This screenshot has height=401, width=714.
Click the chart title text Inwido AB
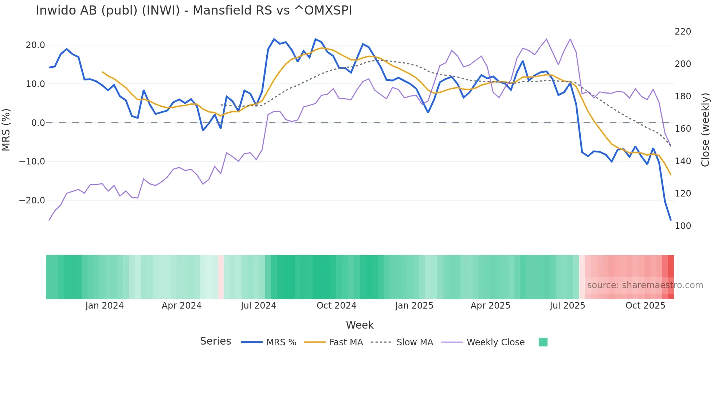193,11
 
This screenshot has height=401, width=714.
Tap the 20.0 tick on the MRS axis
35,45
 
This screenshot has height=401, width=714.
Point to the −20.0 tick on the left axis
32,200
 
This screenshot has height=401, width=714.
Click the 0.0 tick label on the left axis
38,123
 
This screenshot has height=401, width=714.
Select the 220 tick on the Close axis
683,32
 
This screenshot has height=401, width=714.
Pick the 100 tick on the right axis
683,226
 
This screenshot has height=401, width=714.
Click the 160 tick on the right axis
683,129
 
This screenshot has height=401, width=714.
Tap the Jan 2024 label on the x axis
105,306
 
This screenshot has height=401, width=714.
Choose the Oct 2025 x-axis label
645,306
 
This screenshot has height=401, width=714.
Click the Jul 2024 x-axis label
258,306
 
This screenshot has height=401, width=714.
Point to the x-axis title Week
360,325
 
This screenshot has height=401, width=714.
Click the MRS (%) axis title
6,130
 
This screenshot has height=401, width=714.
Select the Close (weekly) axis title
705,130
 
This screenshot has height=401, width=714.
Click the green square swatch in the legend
543,342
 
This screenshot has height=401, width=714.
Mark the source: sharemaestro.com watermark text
645,285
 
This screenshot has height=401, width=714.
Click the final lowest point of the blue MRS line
670,220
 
